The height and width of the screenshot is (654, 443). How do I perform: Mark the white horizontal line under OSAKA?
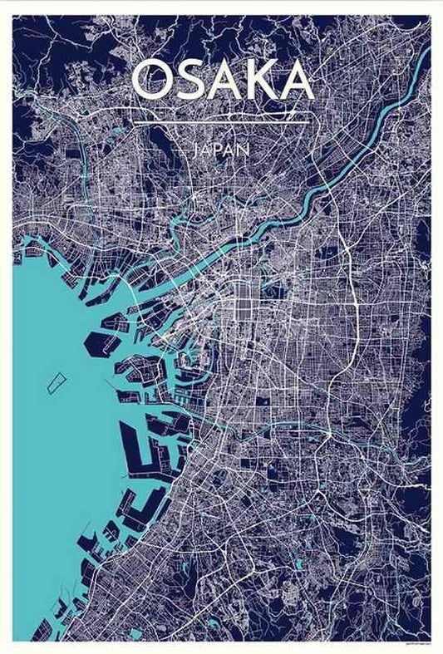(x=221, y=123)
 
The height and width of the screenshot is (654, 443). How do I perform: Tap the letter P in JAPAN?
(x=220, y=150)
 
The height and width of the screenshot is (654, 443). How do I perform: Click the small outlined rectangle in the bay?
(x=56, y=382)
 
